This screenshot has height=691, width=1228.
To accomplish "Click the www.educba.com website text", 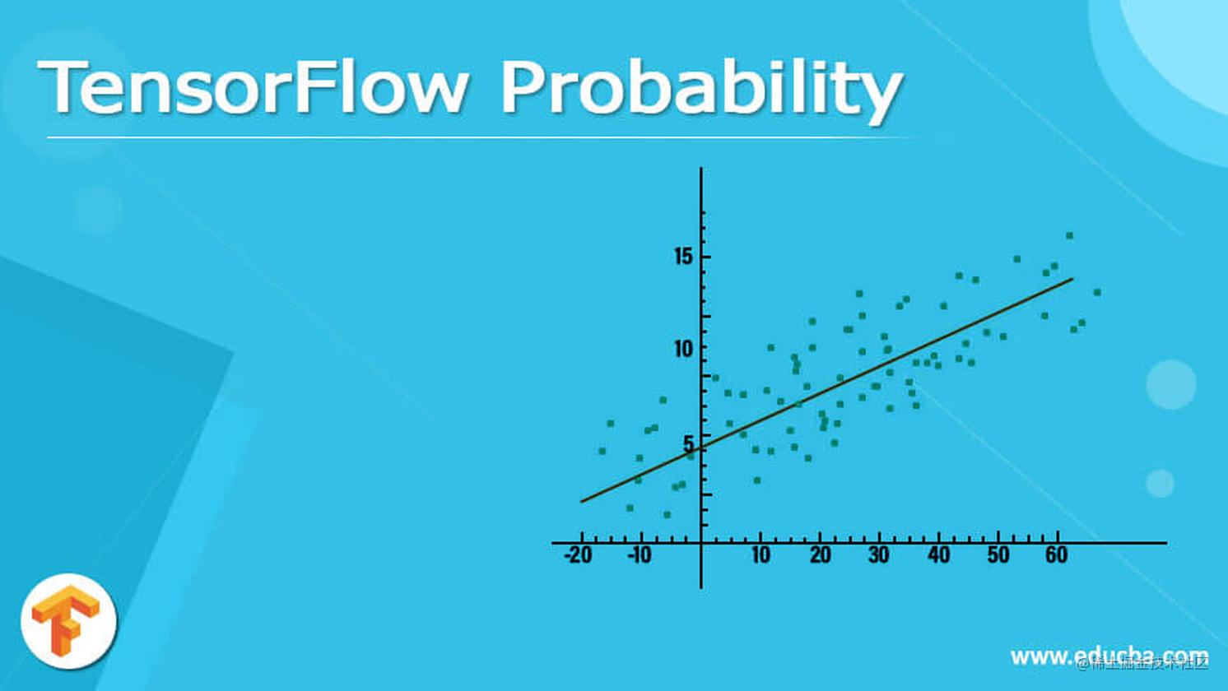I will [x=1109, y=656].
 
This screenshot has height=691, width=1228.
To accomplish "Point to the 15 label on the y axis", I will [x=683, y=257].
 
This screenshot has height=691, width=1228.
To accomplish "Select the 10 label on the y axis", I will [x=683, y=349].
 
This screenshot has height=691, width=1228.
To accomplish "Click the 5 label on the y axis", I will [x=688, y=444].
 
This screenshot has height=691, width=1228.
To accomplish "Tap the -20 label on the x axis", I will [x=578, y=555].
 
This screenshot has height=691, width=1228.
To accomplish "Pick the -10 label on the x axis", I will [x=640, y=555].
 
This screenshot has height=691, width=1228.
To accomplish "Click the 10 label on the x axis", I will [x=761, y=555].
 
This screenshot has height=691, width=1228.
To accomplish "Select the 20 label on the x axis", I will [x=821, y=555].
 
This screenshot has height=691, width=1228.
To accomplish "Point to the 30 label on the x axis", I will [x=879, y=555].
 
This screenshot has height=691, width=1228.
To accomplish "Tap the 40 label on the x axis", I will [x=939, y=555].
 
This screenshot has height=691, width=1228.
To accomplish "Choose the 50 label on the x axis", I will [x=998, y=555].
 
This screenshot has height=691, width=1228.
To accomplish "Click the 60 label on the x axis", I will [x=1057, y=555].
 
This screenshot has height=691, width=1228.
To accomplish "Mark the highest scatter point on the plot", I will [x=1069, y=236].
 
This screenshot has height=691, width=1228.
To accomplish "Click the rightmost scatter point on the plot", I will [x=1096, y=292].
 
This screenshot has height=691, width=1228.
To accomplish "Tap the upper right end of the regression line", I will [x=1072, y=279].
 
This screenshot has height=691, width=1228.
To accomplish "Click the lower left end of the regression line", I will [x=583, y=500].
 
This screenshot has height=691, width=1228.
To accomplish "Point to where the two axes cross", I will [x=701, y=543].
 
